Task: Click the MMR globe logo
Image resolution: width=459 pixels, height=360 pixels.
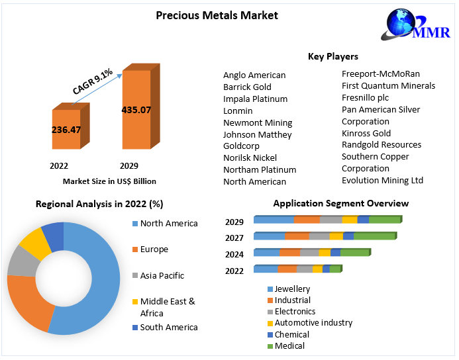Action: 415,24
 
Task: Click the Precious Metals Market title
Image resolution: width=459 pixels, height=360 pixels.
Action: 217,15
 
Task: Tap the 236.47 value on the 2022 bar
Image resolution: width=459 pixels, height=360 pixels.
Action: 66,130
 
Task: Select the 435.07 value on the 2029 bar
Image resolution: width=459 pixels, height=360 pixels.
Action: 136,110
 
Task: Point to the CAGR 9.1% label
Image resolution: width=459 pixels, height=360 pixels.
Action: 93,81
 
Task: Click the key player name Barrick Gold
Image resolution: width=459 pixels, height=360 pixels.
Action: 247,87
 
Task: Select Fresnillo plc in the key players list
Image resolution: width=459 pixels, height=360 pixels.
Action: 366,98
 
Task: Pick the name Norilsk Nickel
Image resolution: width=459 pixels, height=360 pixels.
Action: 250,158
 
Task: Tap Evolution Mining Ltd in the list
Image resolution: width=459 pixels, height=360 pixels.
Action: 382,181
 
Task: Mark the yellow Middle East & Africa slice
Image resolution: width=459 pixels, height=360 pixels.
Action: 36,243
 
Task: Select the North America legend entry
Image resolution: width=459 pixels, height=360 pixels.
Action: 165,224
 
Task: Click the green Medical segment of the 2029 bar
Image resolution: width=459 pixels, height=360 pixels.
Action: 385,219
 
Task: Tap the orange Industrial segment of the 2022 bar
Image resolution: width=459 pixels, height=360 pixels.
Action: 287,269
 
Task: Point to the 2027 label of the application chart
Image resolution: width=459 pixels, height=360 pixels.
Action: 234,238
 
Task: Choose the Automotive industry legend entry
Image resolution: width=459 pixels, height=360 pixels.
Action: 310,323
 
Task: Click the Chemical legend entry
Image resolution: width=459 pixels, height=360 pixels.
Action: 288,335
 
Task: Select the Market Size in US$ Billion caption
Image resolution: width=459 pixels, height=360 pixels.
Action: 109,181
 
